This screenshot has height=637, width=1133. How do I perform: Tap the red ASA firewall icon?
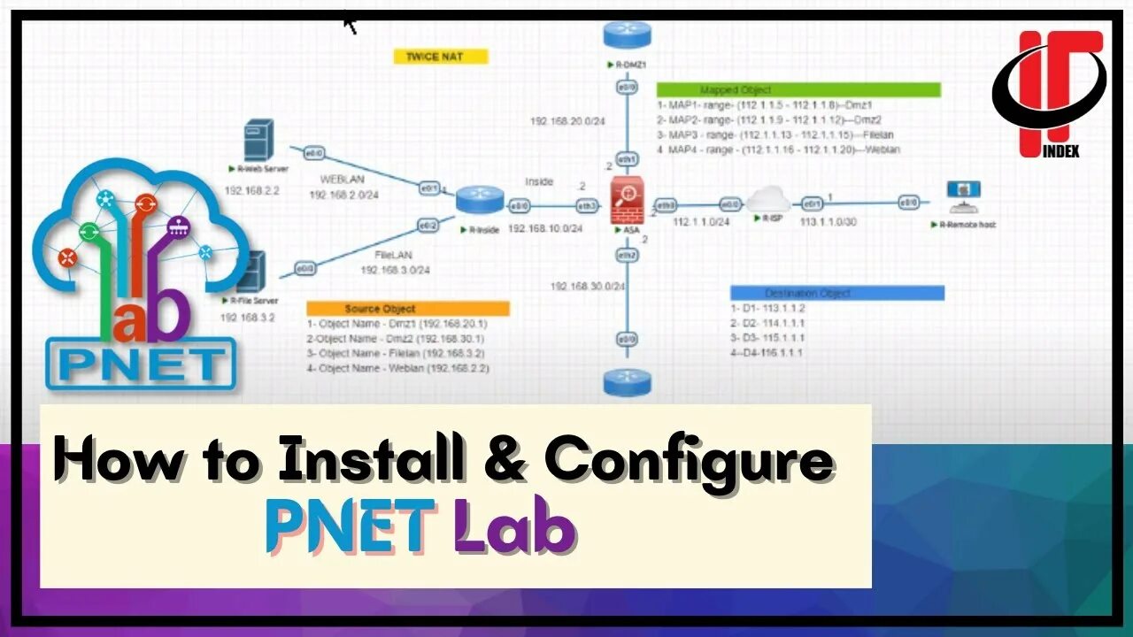point(627,200)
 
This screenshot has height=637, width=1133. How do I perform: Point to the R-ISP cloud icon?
point(767,201)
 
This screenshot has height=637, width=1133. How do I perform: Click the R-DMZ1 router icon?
point(627,35)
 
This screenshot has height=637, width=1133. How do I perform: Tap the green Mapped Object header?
point(798,89)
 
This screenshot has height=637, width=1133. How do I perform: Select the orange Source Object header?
point(408,309)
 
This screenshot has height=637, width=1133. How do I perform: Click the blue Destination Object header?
point(836,293)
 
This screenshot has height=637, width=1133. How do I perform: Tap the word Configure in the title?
point(689,459)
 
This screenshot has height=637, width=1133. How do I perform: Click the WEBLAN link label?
point(343,180)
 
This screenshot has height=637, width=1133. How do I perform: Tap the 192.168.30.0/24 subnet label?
point(588,287)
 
